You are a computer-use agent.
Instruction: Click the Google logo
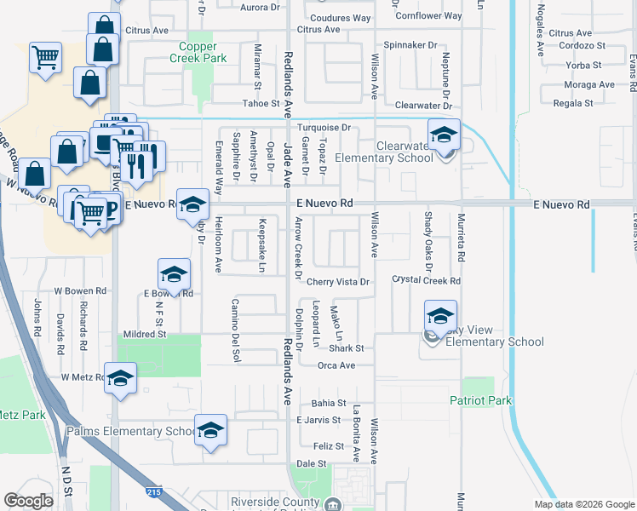pos(28,501)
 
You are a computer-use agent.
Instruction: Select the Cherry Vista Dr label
pos(340,282)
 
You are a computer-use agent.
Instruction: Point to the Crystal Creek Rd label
pos(426,280)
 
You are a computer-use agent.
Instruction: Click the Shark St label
pos(347,348)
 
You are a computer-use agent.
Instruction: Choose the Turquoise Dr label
pos(323,127)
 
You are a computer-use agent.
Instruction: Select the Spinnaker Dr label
pos(410,44)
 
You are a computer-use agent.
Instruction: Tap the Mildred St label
pos(145,335)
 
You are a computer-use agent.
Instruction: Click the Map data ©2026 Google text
pos(584,503)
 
